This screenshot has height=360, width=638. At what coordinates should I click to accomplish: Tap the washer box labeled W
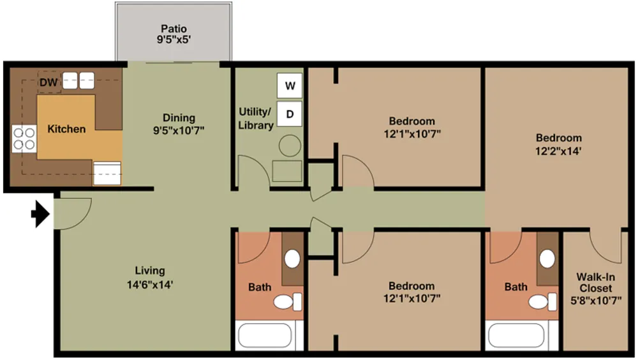[x=290, y=86]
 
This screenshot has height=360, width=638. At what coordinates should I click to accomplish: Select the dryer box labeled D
[x=290, y=114]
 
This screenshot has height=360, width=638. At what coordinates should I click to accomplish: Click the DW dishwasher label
[x=48, y=82]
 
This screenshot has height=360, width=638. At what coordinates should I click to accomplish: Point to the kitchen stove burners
[x=24, y=139]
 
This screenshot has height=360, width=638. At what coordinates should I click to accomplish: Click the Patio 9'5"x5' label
[x=174, y=33]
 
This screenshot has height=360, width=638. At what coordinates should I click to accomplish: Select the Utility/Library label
[x=255, y=119]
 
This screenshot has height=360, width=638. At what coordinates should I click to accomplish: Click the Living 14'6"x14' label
[x=150, y=277]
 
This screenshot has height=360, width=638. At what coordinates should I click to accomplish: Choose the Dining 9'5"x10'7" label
[x=179, y=123]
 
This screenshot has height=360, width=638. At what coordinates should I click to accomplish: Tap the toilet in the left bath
[x=293, y=301]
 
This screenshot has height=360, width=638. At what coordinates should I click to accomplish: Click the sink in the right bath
[x=547, y=259]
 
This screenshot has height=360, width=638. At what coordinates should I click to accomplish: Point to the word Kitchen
[x=66, y=129]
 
